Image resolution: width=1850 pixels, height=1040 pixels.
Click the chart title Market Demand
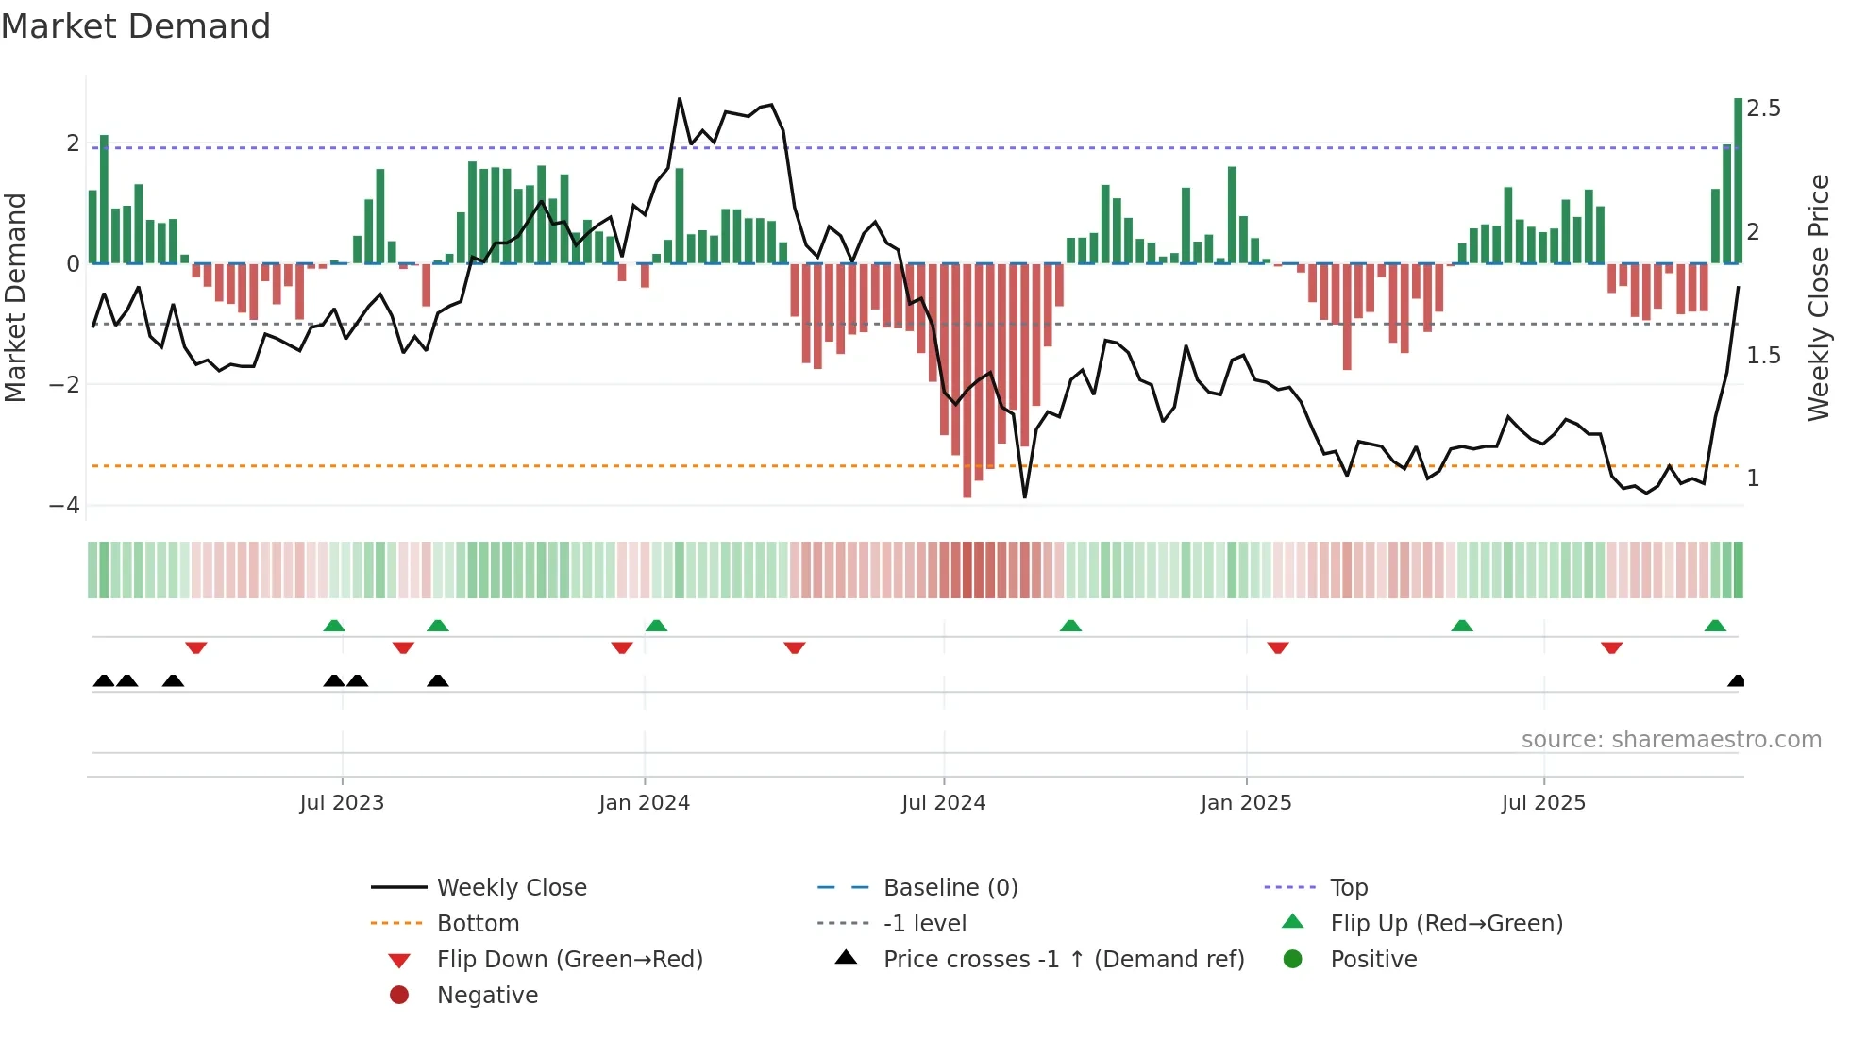[x=136, y=25]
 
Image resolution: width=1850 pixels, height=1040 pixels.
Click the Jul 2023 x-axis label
[x=342, y=803]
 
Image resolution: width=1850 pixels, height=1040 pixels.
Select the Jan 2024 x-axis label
[x=645, y=803]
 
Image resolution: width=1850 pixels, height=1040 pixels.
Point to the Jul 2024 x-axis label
[x=943, y=803]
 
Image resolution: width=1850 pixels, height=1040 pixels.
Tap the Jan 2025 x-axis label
[x=1246, y=803]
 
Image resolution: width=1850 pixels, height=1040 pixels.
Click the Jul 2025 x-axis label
[x=1543, y=803]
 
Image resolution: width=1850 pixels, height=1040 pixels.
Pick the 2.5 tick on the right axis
[x=1763, y=109]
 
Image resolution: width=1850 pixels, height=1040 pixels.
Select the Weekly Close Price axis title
[x=1819, y=297]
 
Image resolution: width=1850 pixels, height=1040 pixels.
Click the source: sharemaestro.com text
[x=1671, y=740]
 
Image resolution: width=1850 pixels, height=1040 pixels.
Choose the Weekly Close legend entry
[x=512, y=888]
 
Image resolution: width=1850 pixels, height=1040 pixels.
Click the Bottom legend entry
[x=478, y=924]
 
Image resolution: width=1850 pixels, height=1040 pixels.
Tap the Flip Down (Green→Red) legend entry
[x=569, y=960]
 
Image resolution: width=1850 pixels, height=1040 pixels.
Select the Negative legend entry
[x=487, y=996]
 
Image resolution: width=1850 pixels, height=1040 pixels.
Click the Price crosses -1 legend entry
[x=1063, y=960]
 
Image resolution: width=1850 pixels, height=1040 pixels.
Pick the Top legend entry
[x=1349, y=888]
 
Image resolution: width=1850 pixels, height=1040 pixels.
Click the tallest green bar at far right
[x=1738, y=179]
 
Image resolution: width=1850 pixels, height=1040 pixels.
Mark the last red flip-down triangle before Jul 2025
[x=1278, y=647]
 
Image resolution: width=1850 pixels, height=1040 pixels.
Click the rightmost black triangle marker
[x=1736, y=681]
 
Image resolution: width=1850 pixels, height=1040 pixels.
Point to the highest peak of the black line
[x=680, y=99]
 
